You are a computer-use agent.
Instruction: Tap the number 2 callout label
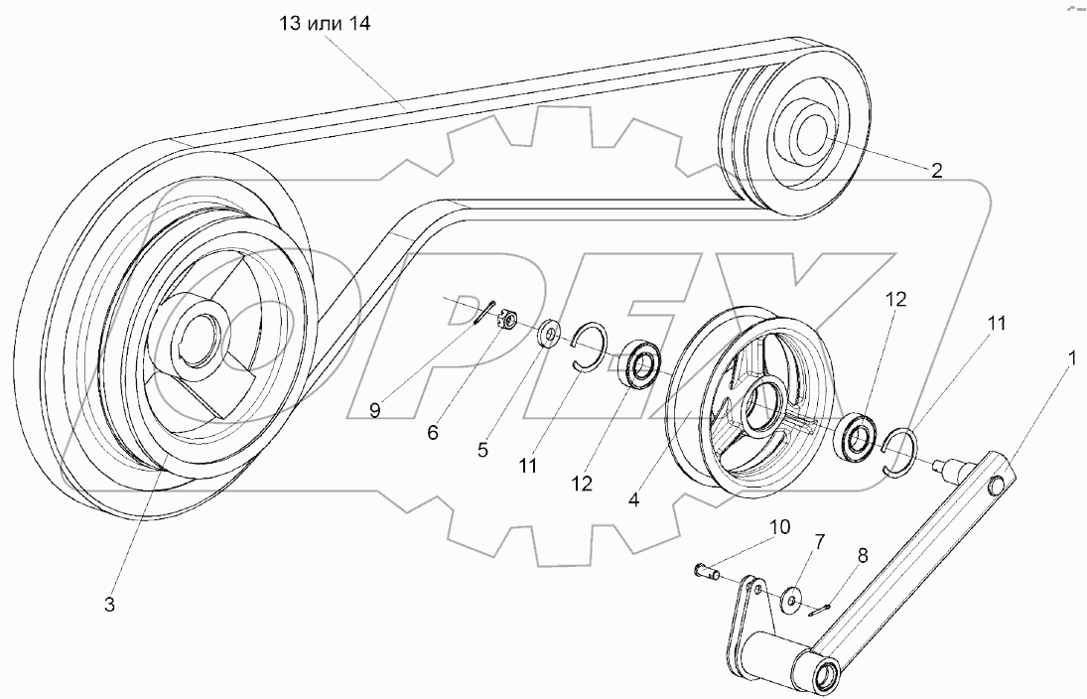(x=935, y=169)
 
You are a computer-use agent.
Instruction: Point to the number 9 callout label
(x=374, y=410)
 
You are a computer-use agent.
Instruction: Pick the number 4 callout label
(x=634, y=501)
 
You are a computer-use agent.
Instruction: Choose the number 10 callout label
(x=779, y=527)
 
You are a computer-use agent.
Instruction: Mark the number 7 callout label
(x=819, y=541)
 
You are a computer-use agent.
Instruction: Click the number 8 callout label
(x=862, y=556)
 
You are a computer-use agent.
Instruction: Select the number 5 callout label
(x=482, y=449)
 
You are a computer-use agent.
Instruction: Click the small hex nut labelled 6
(x=506, y=320)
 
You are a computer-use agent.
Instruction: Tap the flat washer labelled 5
(x=550, y=334)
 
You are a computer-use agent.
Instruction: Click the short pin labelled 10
(x=702, y=571)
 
